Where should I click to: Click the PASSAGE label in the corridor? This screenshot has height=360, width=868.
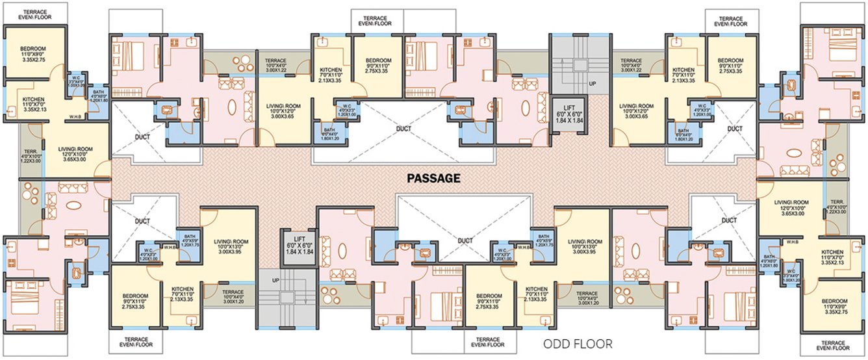pyautogui.click(x=433, y=177)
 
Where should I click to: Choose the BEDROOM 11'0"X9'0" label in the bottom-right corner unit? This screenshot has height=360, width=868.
pyautogui.click(x=834, y=306)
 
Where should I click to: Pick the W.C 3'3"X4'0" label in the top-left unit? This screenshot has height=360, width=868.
pyautogui.click(x=77, y=82)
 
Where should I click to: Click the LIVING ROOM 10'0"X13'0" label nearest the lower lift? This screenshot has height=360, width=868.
pyautogui.click(x=227, y=247)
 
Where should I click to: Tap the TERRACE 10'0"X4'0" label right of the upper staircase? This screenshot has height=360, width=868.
pyautogui.click(x=631, y=65)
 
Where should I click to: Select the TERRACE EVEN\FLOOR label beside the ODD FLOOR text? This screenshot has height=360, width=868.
pyautogui.click(x=486, y=342)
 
